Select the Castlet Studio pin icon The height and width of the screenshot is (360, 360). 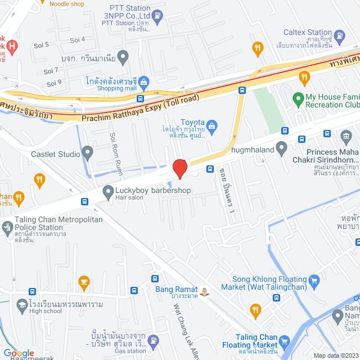[x=87, y=152]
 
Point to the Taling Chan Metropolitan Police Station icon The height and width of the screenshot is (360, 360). [x=7, y=228]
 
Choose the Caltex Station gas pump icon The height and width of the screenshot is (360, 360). [x=340, y=37]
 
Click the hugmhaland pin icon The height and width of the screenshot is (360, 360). [x=282, y=149]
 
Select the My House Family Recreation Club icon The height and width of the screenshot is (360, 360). [x=298, y=100]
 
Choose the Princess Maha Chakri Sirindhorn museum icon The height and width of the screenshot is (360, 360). [x=346, y=136]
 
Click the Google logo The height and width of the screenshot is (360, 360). [x=18, y=353]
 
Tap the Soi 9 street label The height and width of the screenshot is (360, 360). [x=55, y=83]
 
